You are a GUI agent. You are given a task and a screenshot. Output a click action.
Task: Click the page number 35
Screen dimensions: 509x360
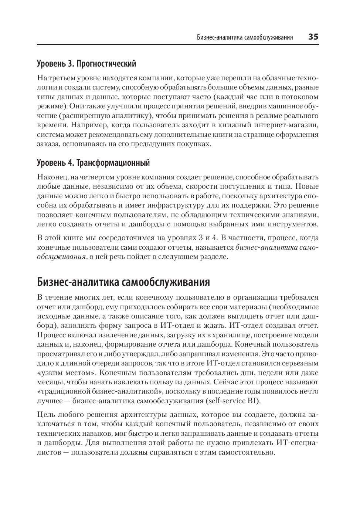click(313, 37)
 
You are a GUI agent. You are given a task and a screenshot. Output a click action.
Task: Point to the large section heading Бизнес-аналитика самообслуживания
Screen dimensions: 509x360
click(123, 282)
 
